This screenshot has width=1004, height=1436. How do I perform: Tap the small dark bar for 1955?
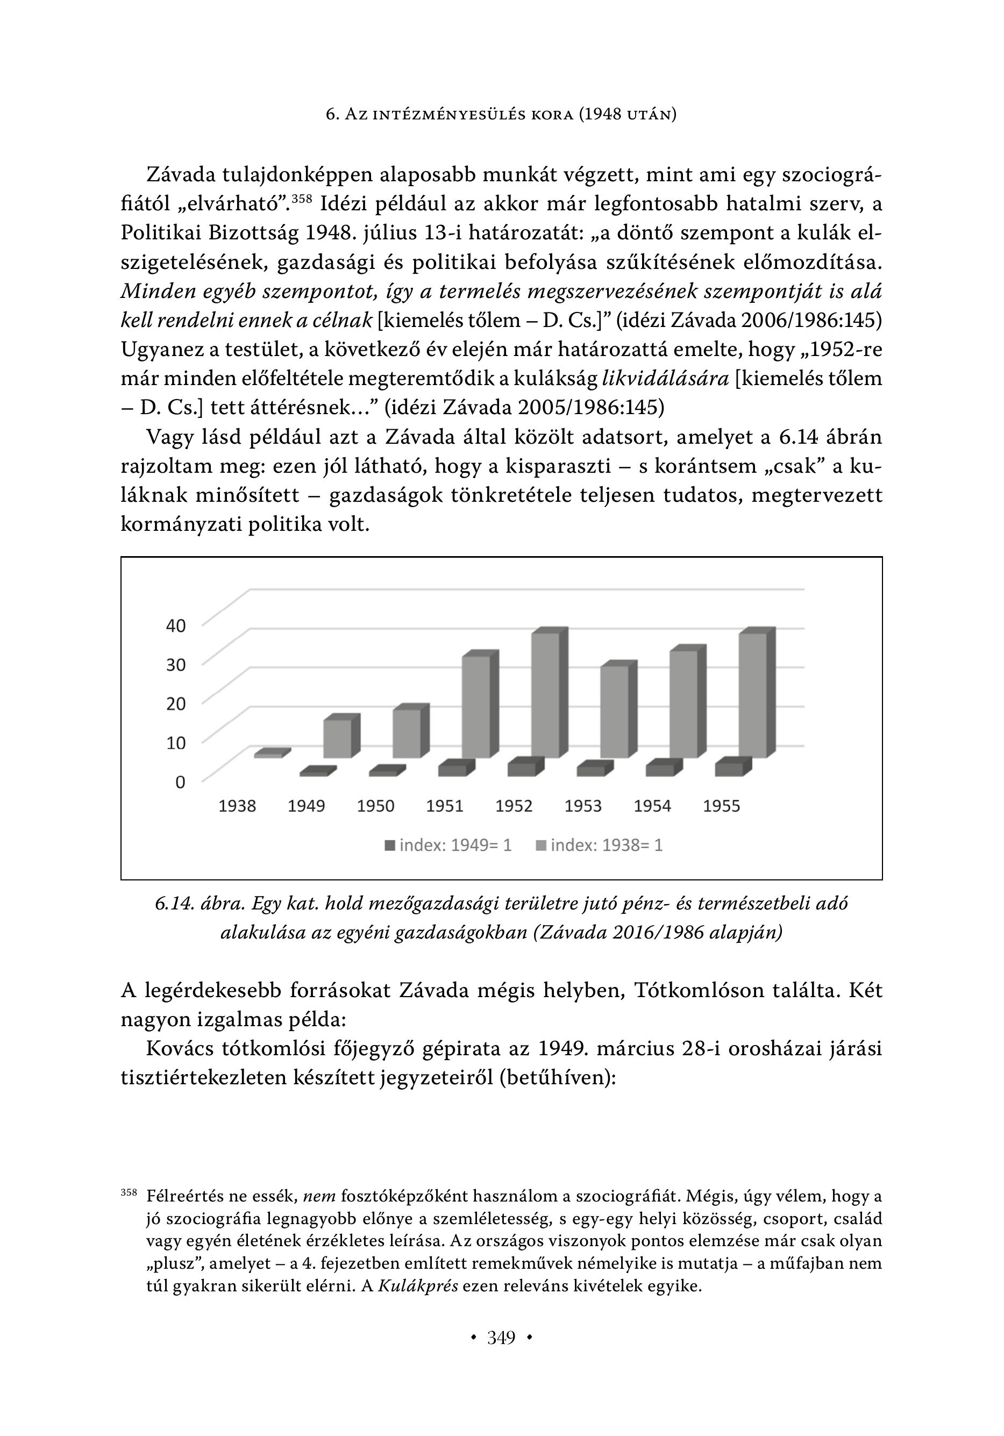point(729,769)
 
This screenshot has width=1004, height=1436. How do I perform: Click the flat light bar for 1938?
point(269,755)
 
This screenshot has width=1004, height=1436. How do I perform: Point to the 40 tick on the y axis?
point(176,625)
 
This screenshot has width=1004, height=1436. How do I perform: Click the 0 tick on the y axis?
point(180,782)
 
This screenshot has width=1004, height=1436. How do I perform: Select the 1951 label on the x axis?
point(445,806)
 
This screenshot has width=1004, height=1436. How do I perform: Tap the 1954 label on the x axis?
point(652,806)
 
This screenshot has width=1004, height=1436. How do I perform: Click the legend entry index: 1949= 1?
point(448,845)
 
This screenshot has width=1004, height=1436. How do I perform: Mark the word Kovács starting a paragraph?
point(180,1048)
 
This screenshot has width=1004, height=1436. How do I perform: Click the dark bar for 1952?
point(522,769)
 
